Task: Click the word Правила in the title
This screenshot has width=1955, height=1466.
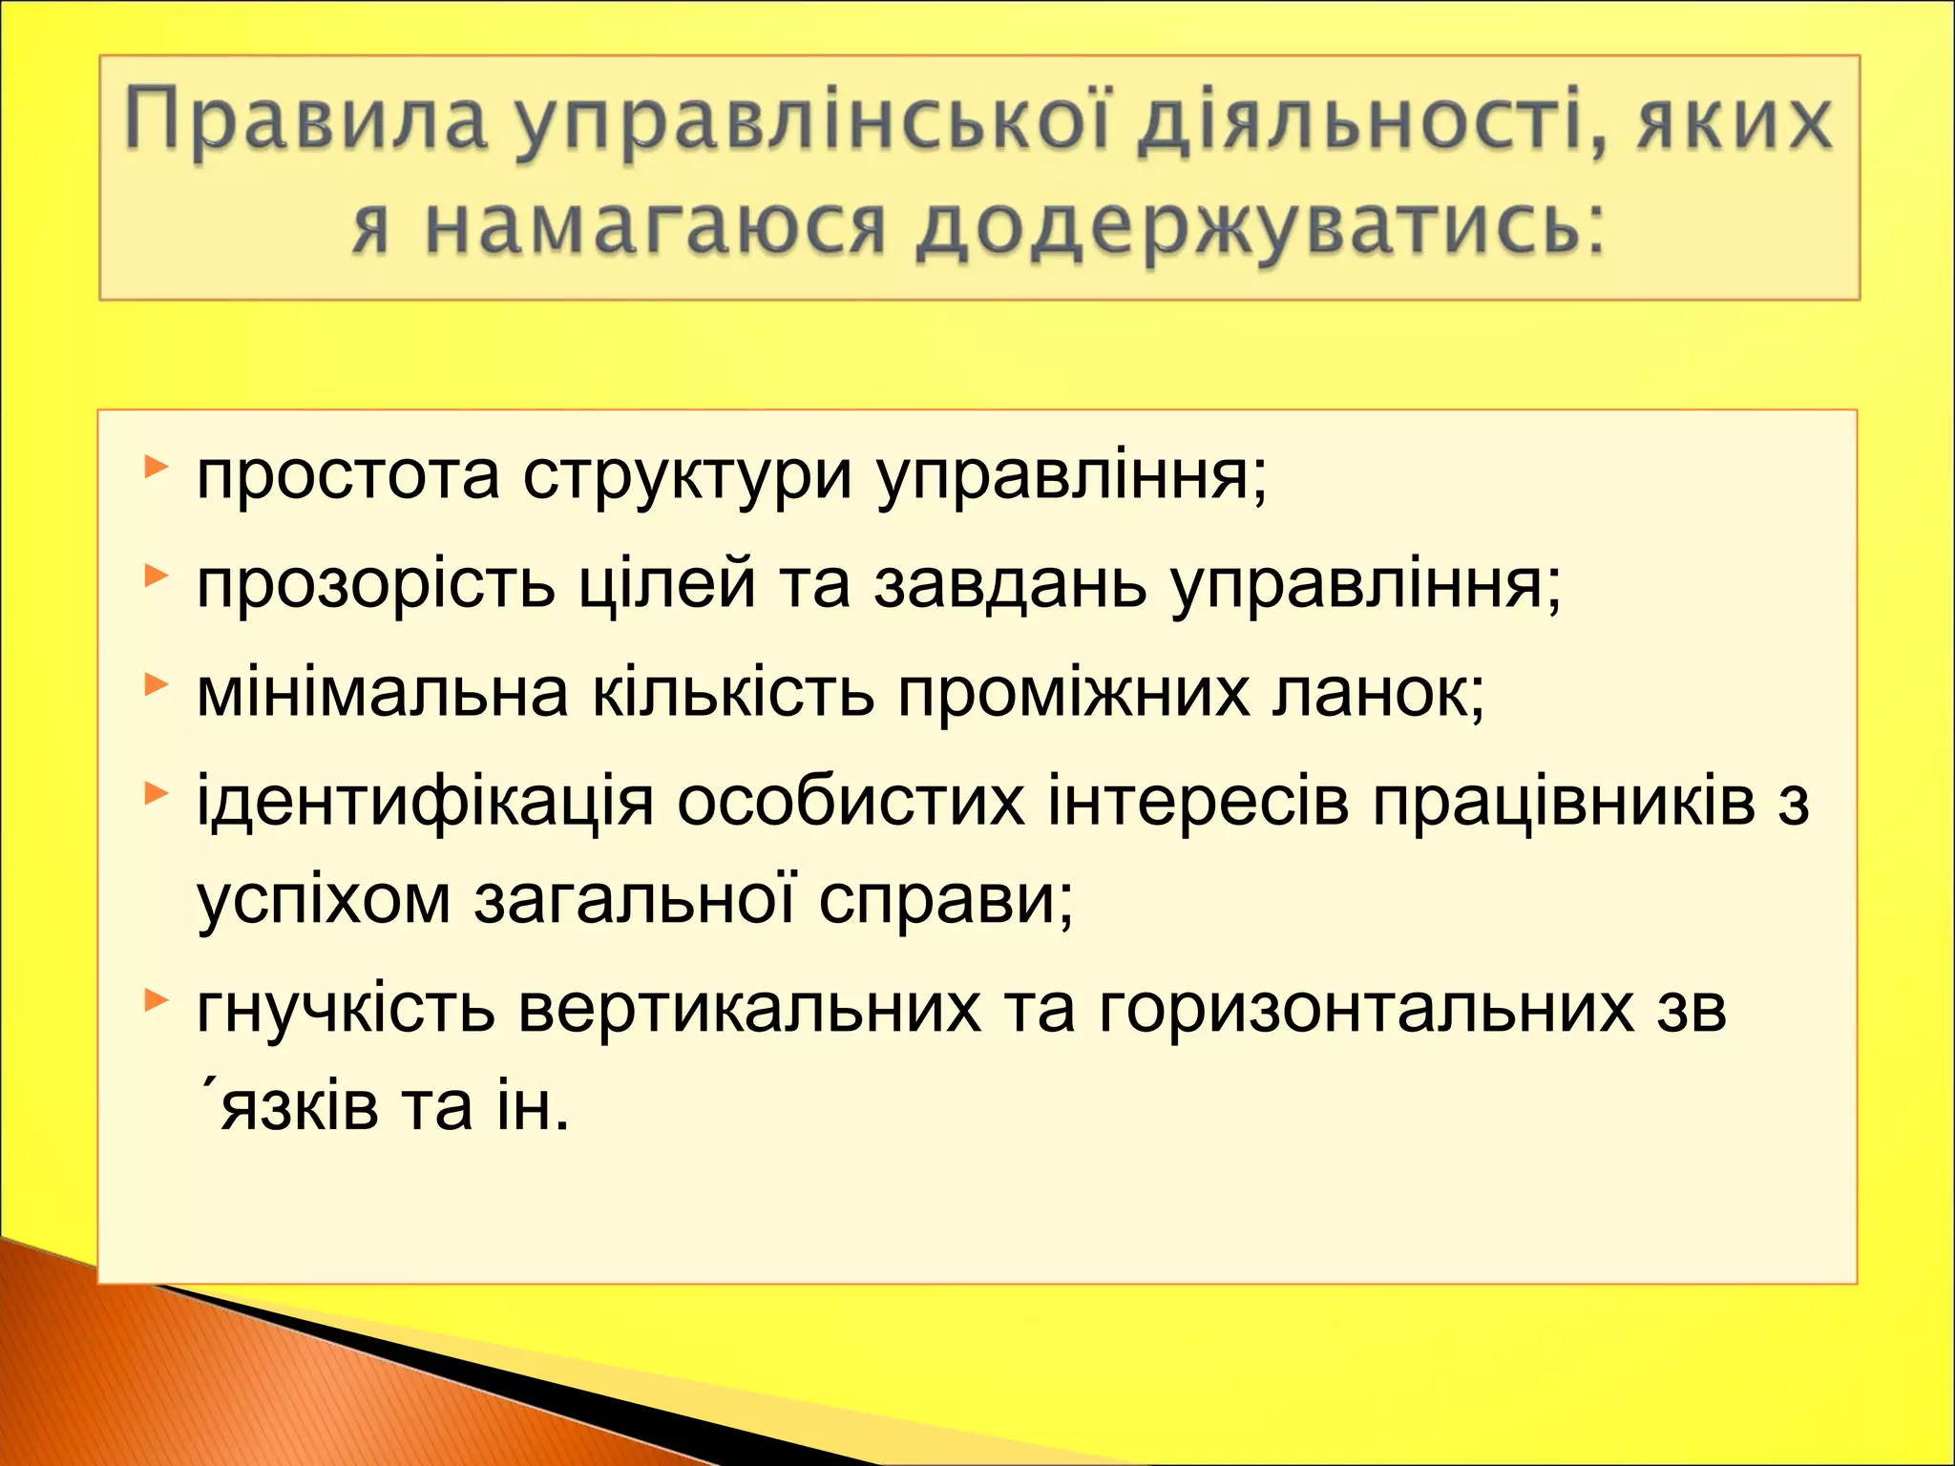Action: [305, 122]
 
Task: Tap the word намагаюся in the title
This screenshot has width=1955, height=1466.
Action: [655, 229]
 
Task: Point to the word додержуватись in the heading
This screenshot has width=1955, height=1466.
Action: [1260, 229]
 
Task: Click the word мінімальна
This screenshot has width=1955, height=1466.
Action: [382, 693]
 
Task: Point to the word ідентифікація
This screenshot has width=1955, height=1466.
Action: [425, 802]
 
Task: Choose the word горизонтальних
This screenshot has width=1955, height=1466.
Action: [1366, 1009]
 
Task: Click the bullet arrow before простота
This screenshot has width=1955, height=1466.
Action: [156, 468]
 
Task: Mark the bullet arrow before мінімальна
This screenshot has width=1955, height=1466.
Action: [156, 684]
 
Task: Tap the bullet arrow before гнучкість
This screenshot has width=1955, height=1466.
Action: [156, 1000]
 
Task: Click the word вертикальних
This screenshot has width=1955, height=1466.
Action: [749, 1009]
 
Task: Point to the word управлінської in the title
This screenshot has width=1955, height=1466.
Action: [811, 122]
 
